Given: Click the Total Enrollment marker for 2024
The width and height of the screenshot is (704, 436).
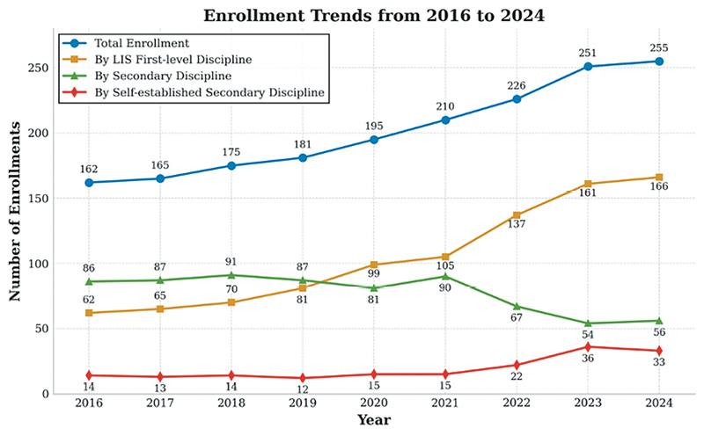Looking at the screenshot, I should click(658, 61).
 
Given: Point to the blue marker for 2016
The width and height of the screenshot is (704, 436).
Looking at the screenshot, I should click(88, 183).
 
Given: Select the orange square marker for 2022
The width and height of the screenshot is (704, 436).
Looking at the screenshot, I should click(516, 215).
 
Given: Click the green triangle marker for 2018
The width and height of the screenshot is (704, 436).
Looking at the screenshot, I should click(231, 275).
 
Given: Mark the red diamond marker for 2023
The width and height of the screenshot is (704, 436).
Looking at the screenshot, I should click(587, 347).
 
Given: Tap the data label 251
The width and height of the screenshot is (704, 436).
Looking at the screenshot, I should click(587, 54).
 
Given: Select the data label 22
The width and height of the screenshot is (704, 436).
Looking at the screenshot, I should click(516, 376).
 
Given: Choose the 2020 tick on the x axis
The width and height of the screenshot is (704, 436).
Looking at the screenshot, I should click(373, 403).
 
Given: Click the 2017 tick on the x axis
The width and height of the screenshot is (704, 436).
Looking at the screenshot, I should click(159, 403).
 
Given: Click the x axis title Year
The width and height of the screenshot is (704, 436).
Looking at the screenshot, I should click(373, 421).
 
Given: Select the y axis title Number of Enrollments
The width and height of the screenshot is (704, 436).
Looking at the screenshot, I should click(15, 211).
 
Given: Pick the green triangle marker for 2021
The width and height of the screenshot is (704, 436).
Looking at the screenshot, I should click(444, 276).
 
